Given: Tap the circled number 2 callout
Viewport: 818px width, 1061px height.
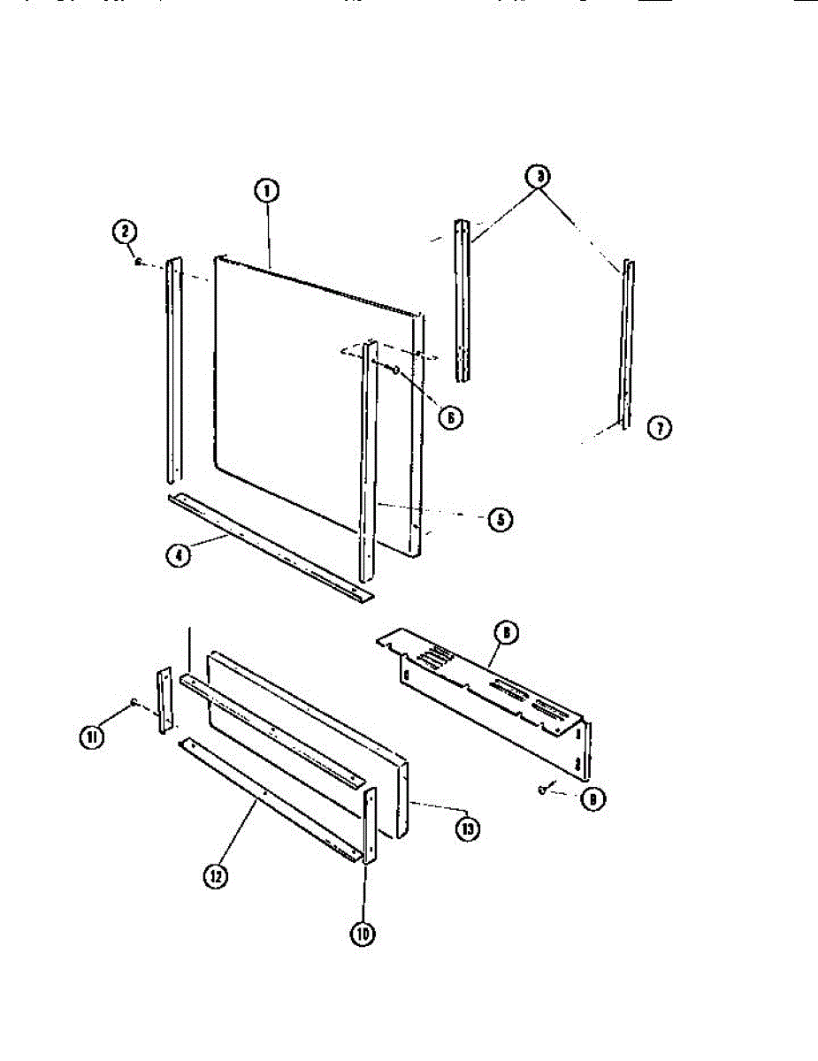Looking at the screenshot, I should (125, 233).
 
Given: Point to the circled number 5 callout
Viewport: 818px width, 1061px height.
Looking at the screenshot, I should (501, 519).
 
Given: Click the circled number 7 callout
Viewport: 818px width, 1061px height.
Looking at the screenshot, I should (659, 429).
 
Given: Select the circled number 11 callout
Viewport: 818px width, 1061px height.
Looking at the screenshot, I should (93, 736).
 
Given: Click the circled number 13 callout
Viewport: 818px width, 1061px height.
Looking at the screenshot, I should (467, 828).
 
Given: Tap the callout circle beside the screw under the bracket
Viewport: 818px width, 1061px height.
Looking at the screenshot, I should (592, 800).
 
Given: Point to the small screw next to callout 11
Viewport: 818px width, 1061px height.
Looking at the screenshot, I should (133, 703).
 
